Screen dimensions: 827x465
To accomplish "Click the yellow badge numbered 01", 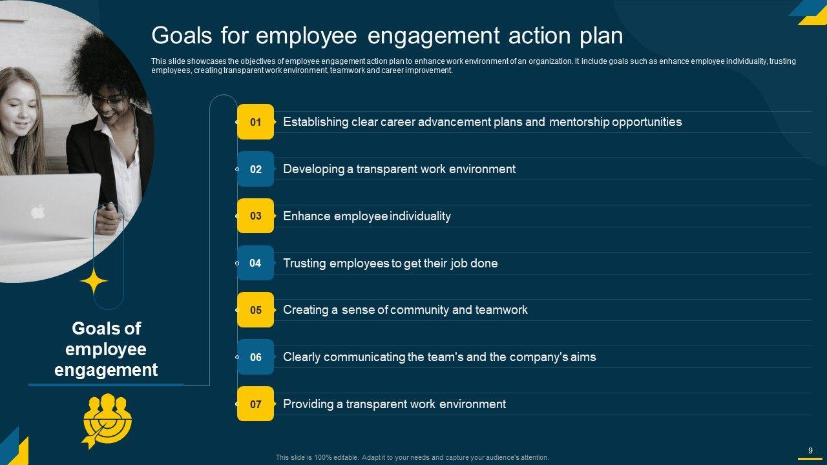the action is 255,122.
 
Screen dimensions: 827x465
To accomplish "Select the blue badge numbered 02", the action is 255,169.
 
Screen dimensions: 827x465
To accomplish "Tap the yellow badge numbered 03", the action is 255,216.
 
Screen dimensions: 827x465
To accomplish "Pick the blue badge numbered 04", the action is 255,263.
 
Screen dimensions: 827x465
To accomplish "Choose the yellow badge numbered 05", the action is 255,310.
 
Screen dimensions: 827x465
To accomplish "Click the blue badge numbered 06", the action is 255,357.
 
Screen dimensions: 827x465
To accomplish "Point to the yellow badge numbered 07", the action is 255,404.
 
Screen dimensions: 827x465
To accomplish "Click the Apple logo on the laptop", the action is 38,212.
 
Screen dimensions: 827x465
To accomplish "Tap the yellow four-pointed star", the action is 94,281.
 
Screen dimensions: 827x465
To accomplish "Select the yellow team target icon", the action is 107,420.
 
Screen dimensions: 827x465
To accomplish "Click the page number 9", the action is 810,450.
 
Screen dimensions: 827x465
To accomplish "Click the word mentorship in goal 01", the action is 579,122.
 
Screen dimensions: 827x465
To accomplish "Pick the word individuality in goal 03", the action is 420,216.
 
